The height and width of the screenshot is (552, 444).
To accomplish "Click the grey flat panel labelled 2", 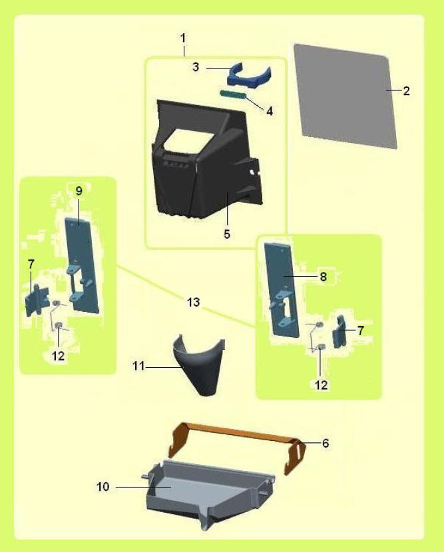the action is pos(345,96).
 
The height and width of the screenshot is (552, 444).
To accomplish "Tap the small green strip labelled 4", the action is pos(233,94).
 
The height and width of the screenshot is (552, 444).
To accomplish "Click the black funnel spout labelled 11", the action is pos(199,366).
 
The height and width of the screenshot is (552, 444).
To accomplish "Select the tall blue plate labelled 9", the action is pos(82,264).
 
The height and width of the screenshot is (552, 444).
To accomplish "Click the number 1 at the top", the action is pos(183,38).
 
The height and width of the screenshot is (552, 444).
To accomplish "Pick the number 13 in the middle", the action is pos(194,302).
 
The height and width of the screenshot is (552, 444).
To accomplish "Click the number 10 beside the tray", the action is pos(103,487).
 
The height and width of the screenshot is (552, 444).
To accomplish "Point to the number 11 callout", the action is pos(138,366).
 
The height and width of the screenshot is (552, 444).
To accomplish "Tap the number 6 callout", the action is pos(326,443).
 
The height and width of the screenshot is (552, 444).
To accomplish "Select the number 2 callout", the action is pos(407,91).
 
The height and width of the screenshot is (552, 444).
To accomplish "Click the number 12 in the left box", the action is pos(59,356).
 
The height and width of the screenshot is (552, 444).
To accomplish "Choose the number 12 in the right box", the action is pos(321,385).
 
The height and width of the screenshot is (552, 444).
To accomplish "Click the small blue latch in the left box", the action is pos(37,301).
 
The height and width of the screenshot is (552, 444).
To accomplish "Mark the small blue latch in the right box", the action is pos(339,332).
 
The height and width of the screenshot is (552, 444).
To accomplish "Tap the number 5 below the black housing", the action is pos(227,233).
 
